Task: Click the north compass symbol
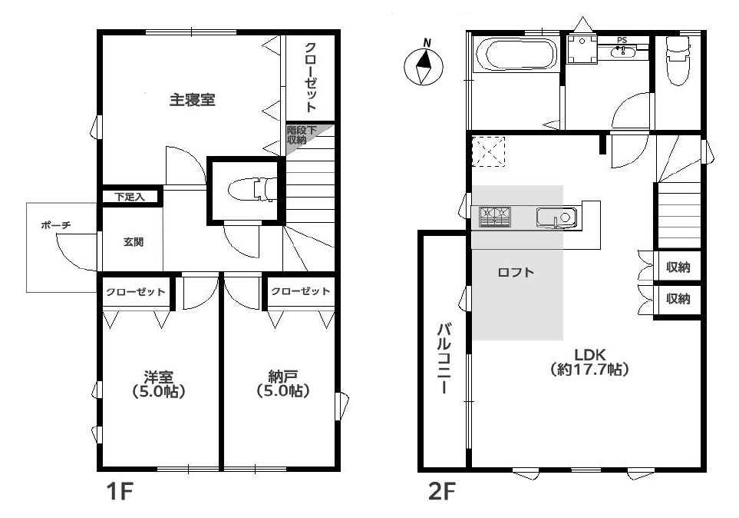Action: [424, 65]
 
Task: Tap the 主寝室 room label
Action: [193, 100]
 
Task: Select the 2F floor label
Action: [441, 492]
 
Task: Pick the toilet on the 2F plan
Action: [678, 60]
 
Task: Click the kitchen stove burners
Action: [495, 217]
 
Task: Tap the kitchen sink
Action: [556, 217]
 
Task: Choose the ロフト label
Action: [516, 272]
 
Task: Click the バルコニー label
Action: [444, 359]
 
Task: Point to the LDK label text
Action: [589, 354]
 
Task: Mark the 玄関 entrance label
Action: [134, 242]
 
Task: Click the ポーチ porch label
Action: [55, 225]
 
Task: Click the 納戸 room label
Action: [282, 377]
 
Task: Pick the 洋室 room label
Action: [158, 377]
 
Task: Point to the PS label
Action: [622, 41]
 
